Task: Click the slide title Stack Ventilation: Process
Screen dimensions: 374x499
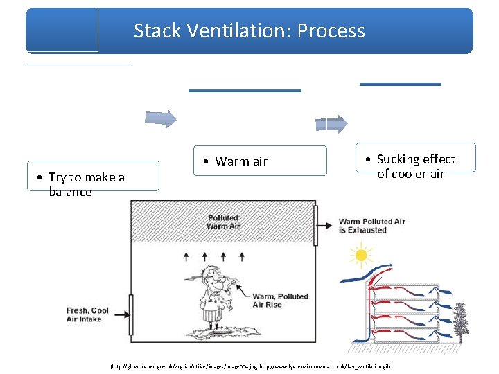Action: click(x=249, y=30)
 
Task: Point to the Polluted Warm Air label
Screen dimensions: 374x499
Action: click(x=222, y=222)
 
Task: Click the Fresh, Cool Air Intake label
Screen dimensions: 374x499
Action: click(x=87, y=314)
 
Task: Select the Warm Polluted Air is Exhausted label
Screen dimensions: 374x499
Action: click(x=371, y=226)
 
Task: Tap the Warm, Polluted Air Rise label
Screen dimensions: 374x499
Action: click(x=280, y=300)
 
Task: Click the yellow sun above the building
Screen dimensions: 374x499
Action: click(x=360, y=256)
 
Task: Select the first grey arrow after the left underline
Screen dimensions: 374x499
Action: click(x=160, y=118)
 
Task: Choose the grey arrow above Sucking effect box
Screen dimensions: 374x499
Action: click(x=331, y=123)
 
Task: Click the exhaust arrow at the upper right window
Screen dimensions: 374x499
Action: click(x=323, y=225)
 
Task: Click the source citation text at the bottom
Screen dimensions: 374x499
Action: click(x=249, y=365)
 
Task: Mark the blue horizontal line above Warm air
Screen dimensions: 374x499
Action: click(x=245, y=90)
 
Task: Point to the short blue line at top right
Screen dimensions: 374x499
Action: click(x=400, y=84)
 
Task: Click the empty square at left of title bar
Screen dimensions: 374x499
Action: click(x=62, y=30)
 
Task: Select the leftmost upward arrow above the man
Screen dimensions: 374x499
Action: click(x=186, y=256)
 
